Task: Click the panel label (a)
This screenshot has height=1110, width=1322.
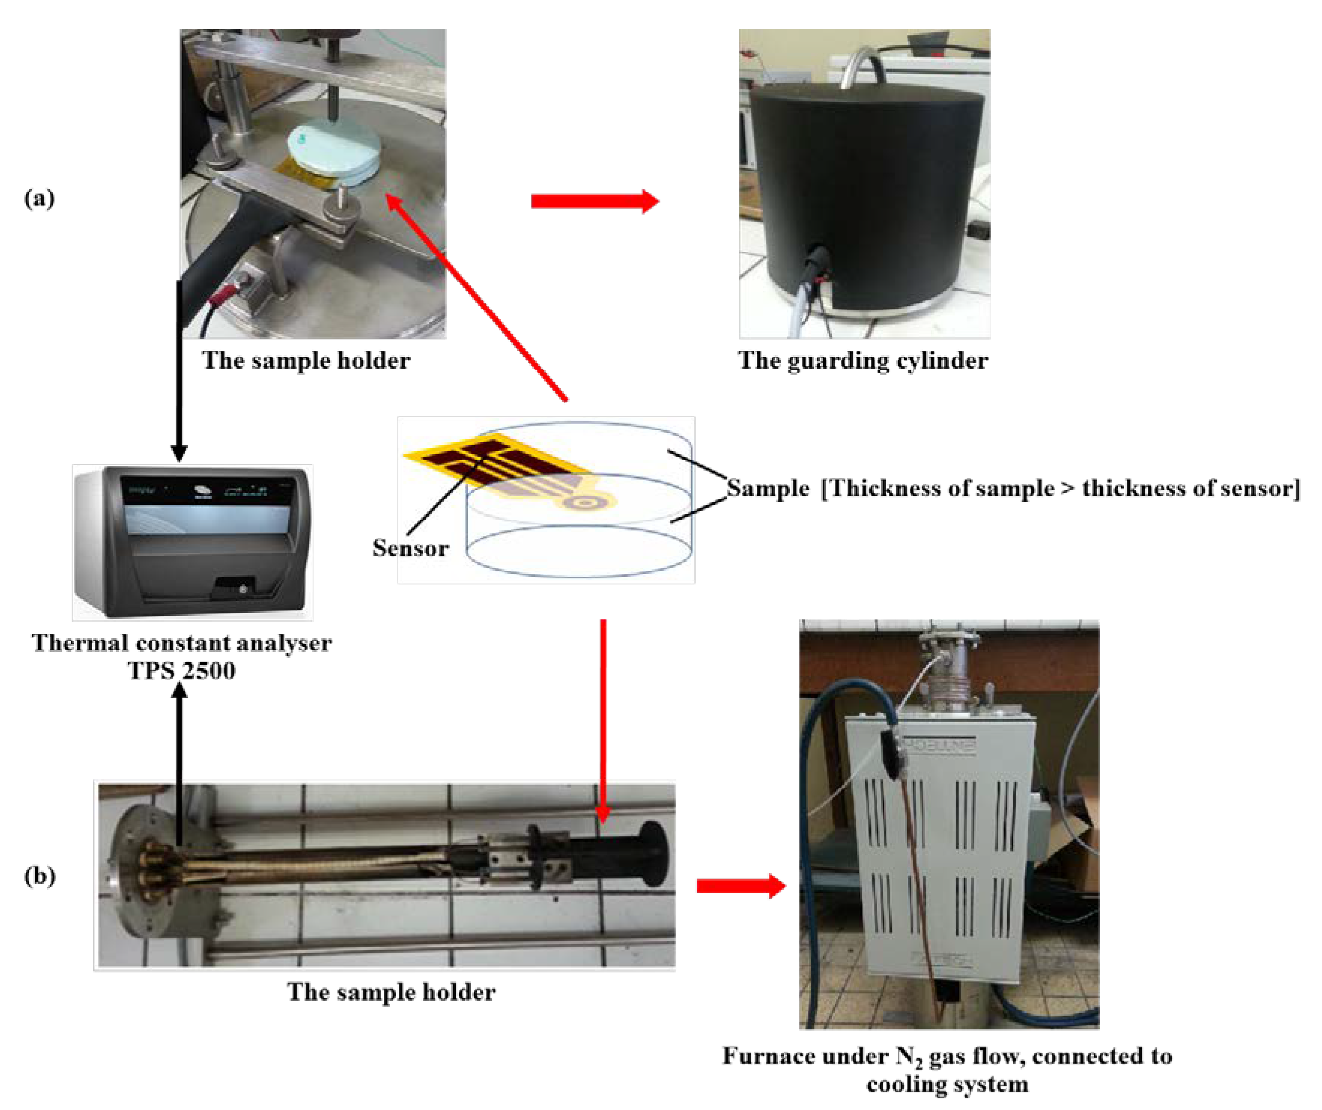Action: coord(39,199)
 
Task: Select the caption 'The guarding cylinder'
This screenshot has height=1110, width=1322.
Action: coord(863,361)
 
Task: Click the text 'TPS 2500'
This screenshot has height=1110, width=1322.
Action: coord(182,670)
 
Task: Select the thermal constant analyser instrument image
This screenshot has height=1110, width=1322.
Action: coord(192,542)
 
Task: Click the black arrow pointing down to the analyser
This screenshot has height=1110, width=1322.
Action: coord(179,372)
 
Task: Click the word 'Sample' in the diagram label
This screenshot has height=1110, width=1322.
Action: coord(768,488)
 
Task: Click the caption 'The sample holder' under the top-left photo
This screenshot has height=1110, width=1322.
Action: coord(306,361)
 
